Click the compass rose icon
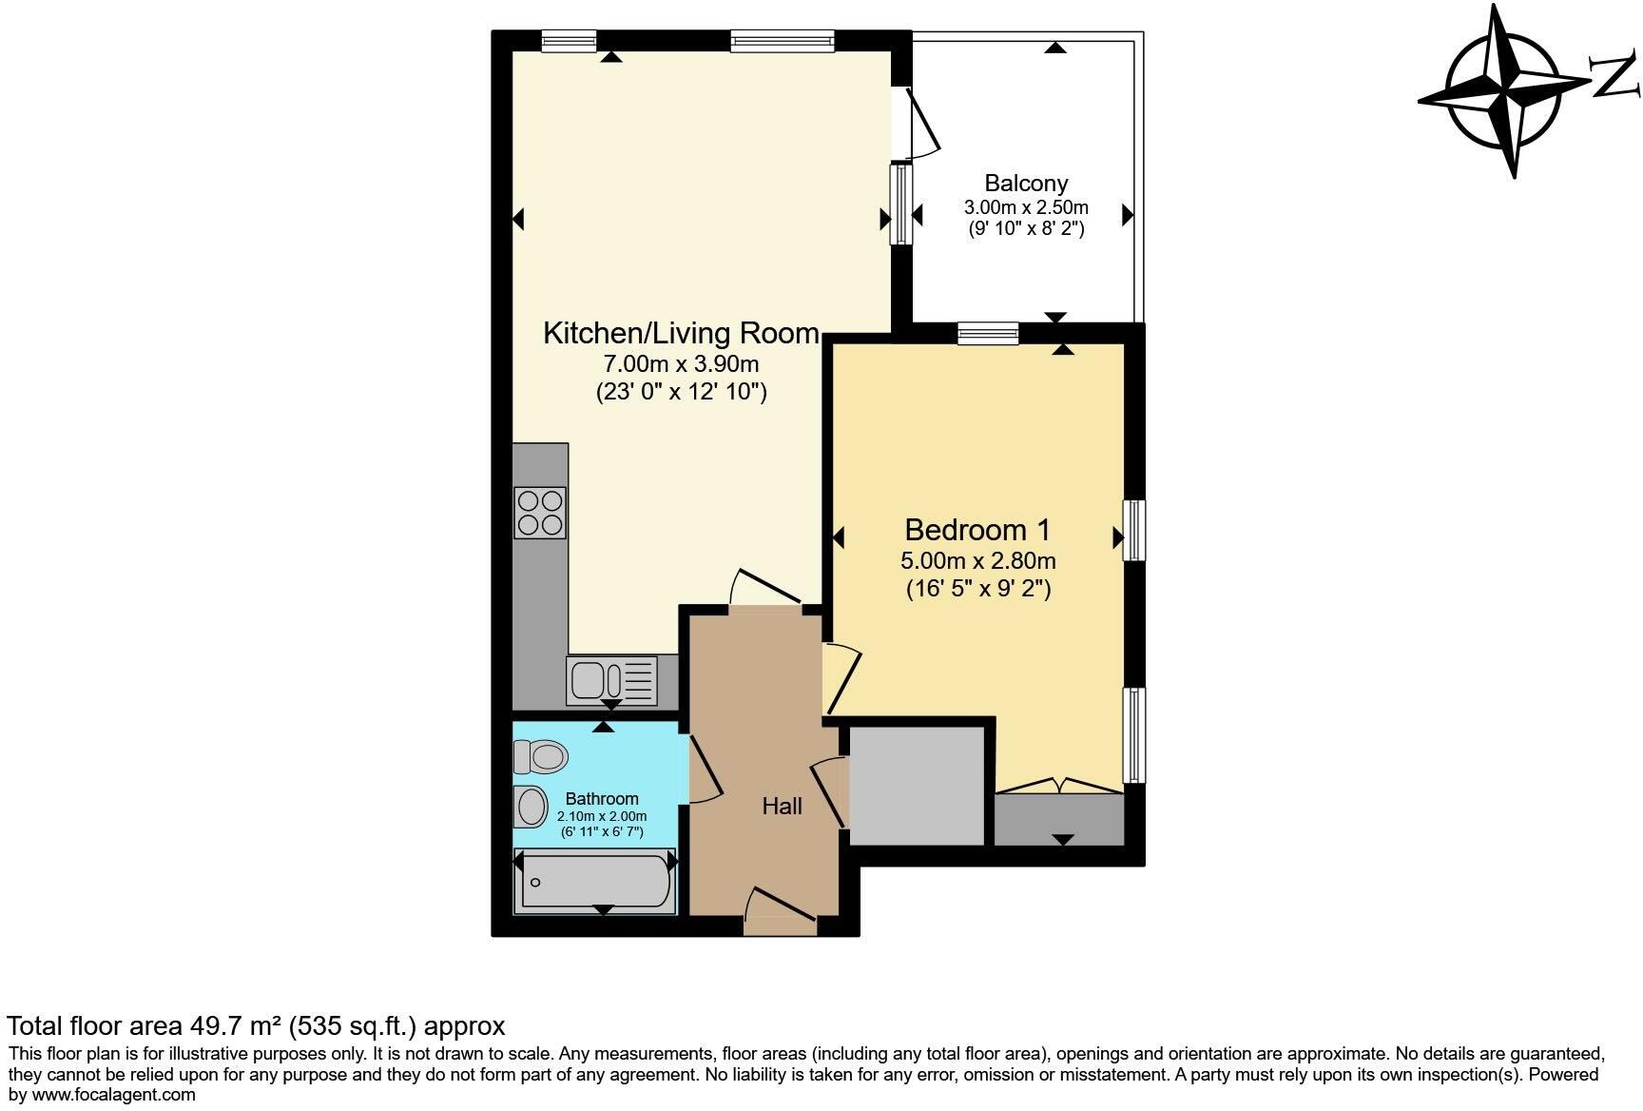point(1504,90)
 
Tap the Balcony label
point(1026,183)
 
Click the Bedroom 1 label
point(977,530)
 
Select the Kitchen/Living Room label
point(681,333)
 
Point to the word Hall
point(782,807)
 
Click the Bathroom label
point(601,799)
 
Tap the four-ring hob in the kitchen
point(540,513)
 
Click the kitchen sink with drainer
point(611,680)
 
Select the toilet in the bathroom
point(540,757)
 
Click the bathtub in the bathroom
point(595,881)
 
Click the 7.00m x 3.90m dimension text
point(681,363)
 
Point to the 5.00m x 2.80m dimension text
point(977,561)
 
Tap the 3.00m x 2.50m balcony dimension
point(1026,207)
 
